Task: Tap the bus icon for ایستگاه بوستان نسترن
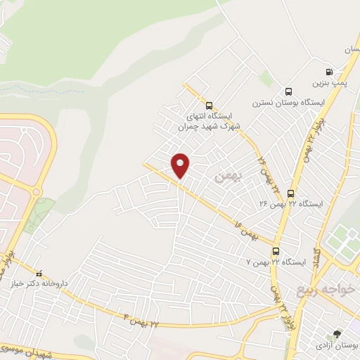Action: click(x=288, y=91)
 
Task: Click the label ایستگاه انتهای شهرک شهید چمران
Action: click(x=211, y=121)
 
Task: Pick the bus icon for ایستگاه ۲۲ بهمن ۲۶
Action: click(x=290, y=193)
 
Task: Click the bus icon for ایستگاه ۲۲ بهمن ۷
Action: click(x=276, y=251)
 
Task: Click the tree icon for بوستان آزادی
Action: click(x=337, y=334)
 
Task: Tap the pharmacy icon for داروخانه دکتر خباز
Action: click(x=39, y=274)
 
